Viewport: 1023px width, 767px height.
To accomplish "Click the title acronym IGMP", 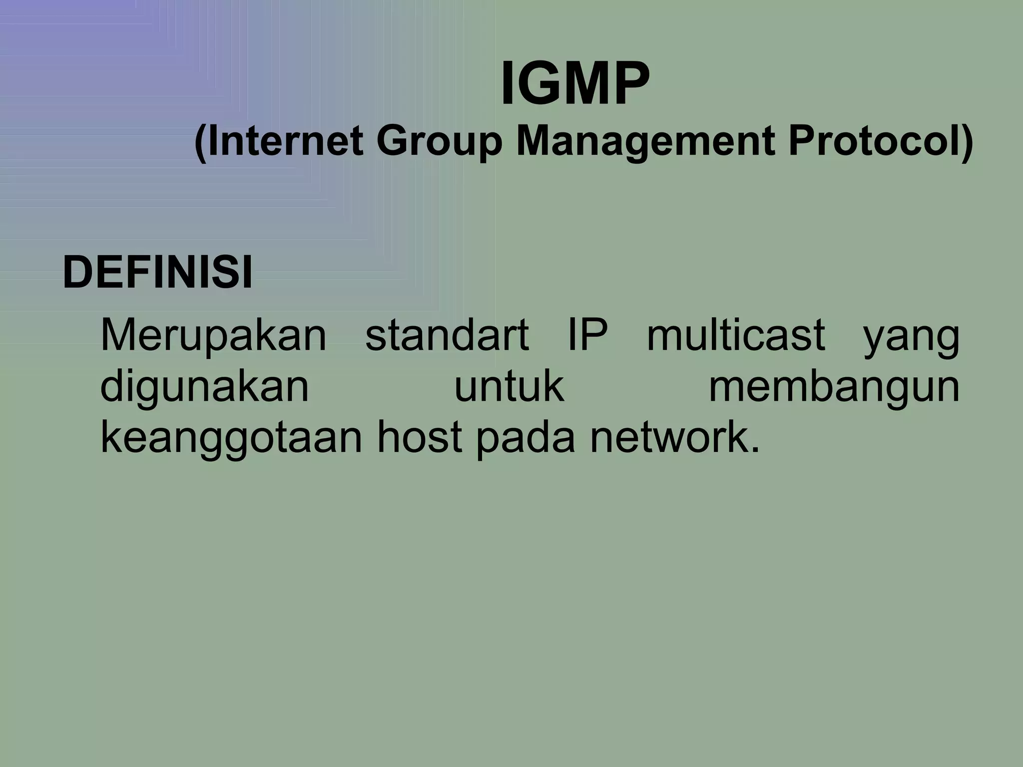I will (575, 83).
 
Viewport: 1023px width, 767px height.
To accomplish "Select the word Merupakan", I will (213, 336).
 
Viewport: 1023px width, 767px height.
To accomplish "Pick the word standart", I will (447, 336).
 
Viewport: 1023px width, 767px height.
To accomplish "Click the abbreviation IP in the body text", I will (588, 336).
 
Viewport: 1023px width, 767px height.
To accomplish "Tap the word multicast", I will (736, 336).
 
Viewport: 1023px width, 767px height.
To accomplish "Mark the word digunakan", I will (205, 387).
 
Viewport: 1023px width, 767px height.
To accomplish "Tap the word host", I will (419, 437).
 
